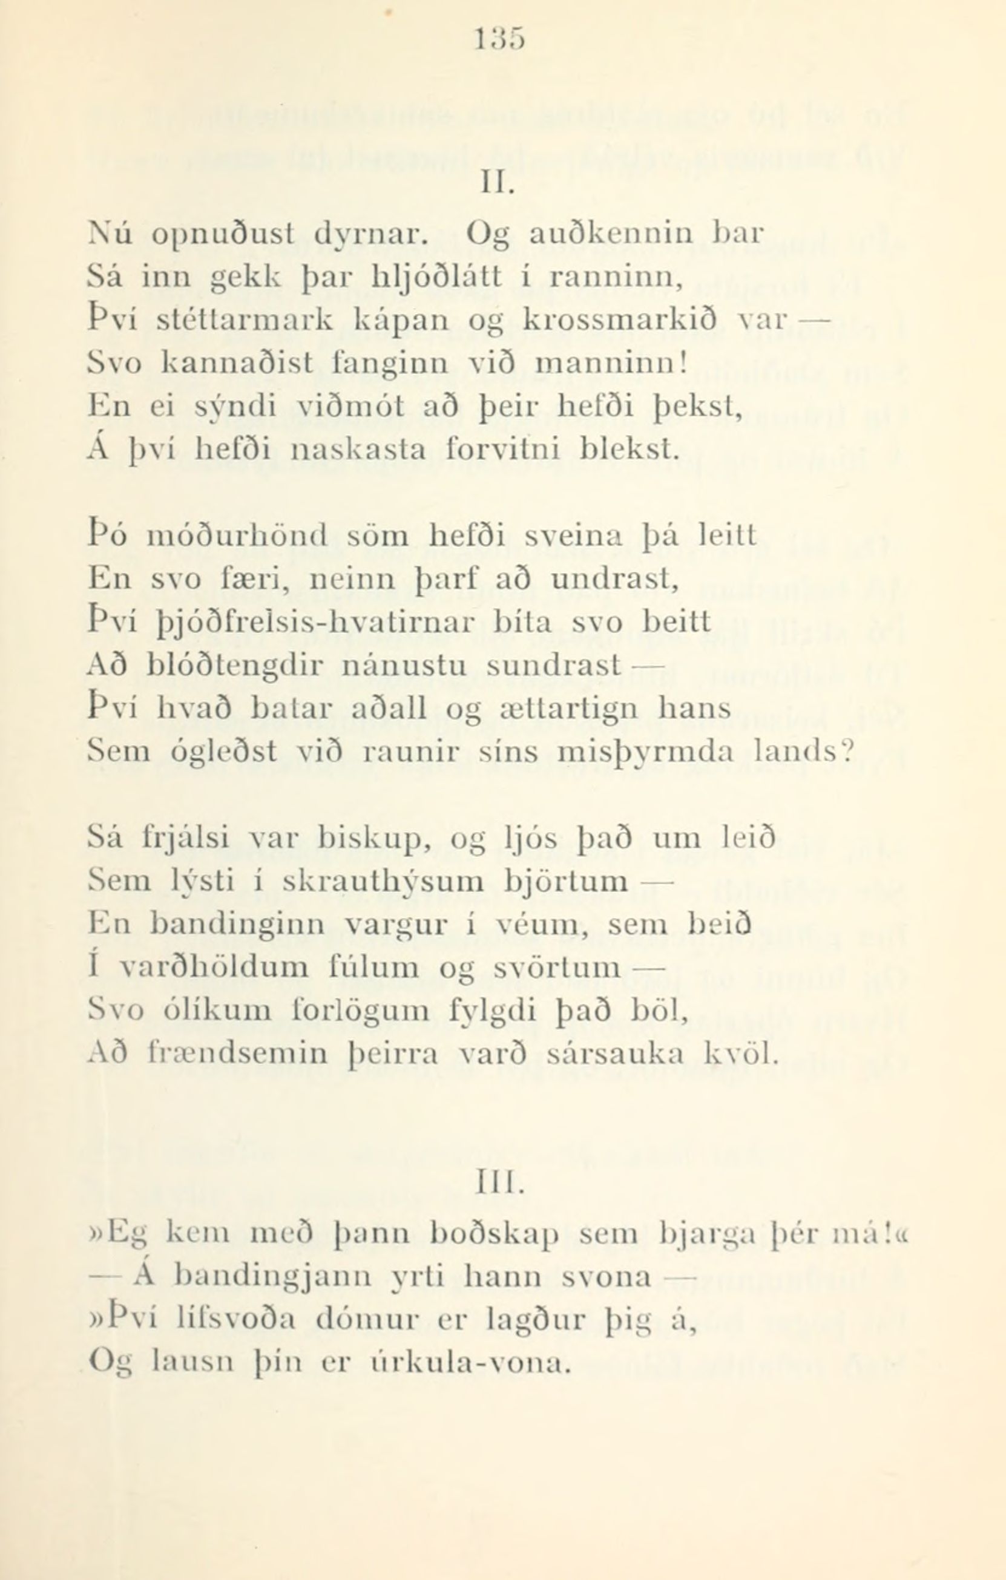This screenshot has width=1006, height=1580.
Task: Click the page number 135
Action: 499,41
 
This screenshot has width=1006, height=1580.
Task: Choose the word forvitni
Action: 502,450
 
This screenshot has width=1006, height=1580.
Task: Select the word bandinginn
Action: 237,925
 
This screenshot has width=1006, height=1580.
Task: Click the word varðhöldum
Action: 217,966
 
